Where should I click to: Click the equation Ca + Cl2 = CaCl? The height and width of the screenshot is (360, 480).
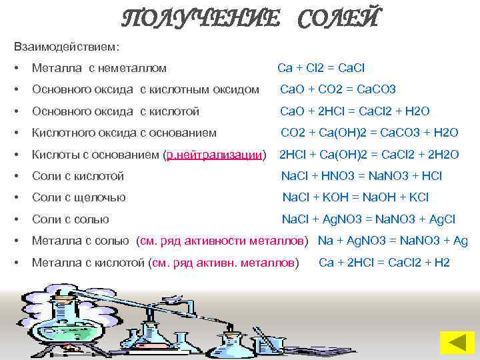(x=321, y=68)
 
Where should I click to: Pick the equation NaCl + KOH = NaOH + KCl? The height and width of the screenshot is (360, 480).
(x=355, y=197)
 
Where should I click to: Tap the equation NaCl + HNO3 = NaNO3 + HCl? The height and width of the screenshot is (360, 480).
(x=361, y=176)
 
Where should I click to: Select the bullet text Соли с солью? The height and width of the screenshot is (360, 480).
(x=70, y=219)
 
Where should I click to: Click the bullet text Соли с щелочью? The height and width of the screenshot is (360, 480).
(x=79, y=197)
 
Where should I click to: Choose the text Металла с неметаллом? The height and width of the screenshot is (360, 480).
(x=99, y=68)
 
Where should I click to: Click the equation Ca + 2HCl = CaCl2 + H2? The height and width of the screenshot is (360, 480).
(x=384, y=262)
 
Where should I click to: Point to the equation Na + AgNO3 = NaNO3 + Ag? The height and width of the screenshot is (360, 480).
(x=393, y=241)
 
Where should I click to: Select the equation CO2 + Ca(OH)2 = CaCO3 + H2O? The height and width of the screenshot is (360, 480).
(x=368, y=133)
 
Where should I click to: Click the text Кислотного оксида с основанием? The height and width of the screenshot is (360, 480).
(x=124, y=133)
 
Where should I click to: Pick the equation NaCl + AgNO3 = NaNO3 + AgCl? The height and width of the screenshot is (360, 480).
(x=369, y=219)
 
